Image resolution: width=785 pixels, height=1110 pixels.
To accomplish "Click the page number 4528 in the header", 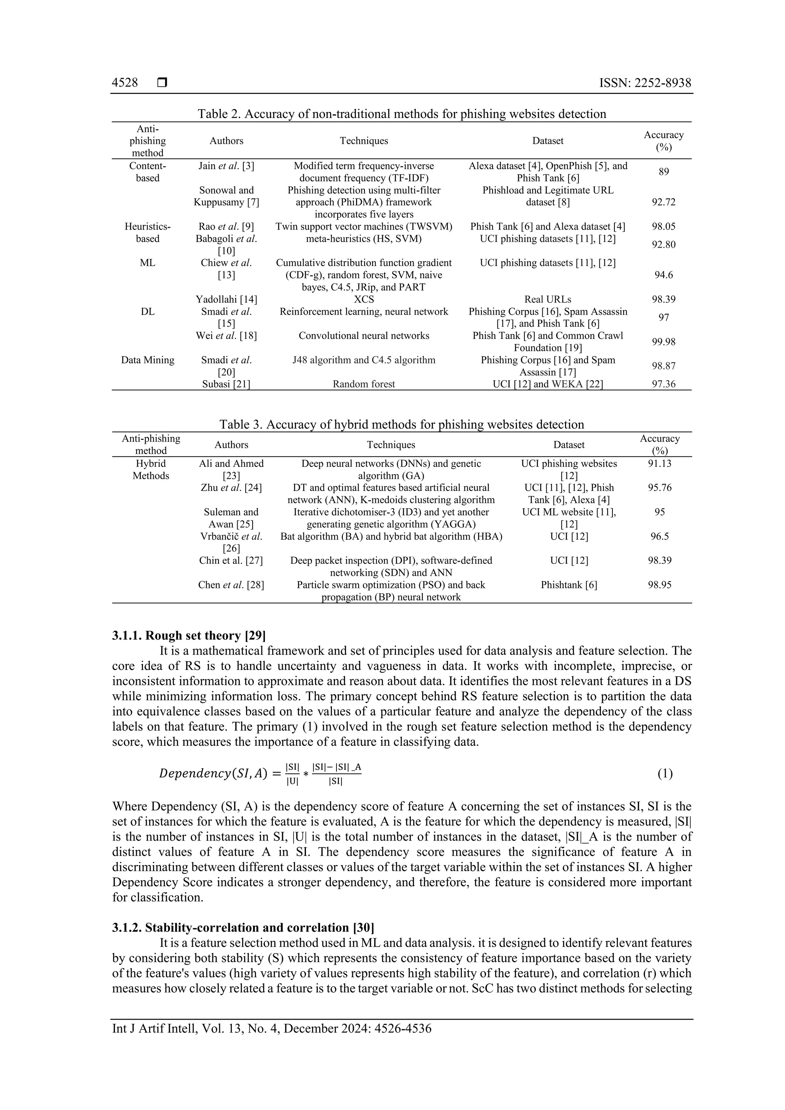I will tap(125, 83).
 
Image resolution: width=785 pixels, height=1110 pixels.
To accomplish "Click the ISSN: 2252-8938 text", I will tap(645, 83).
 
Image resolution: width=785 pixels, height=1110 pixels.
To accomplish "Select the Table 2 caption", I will tap(401, 114).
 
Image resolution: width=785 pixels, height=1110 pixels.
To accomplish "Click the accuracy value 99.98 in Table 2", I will tap(663, 342).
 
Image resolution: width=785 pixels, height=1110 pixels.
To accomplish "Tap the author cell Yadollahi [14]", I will tap(226, 299).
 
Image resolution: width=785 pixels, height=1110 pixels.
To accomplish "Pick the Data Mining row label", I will tap(148, 360).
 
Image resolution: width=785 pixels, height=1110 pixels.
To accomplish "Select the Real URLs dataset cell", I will tap(548, 299).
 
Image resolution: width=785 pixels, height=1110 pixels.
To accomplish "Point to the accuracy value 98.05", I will tap(663, 227).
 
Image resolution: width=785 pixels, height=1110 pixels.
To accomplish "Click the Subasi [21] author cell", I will tap(226, 384).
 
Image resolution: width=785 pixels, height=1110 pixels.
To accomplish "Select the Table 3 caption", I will tap(401, 424).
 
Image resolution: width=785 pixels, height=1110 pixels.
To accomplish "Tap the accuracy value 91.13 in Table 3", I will tap(659, 464).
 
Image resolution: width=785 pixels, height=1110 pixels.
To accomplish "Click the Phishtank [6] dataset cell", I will tap(568, 585).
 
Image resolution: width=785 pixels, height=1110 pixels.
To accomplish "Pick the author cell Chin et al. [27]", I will tap(231, 561).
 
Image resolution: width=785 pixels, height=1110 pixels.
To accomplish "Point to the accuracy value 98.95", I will tap(659, 585).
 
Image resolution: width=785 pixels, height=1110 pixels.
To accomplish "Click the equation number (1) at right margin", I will tap(665, 774).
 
